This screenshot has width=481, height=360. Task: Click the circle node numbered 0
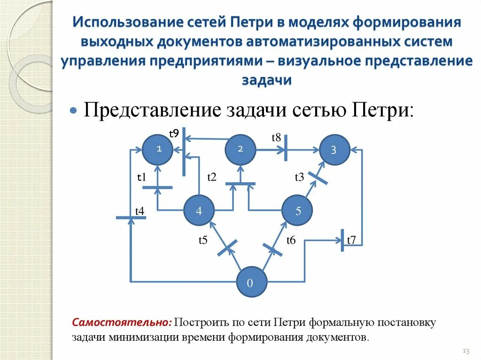[251, 283]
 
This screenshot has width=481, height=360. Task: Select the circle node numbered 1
[158, 149]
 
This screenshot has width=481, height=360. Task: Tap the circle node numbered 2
[240, 149]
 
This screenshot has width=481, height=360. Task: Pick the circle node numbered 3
[334, 150]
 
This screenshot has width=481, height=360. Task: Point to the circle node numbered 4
[199, 211]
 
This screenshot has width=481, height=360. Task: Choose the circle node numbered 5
[298, 211]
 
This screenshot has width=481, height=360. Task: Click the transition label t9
[174, 134]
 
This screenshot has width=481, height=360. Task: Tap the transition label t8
[276, 138]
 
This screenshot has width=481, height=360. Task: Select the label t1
[141, 177]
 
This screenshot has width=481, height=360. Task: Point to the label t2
[212, 177]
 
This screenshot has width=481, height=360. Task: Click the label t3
[299, 177]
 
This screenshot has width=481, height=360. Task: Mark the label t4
[140, 211]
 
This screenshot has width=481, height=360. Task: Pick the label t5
[202, 241]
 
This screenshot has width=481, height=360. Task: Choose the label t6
[291, 241]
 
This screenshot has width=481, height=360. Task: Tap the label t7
[352, 241]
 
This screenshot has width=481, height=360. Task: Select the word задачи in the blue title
[267, 80]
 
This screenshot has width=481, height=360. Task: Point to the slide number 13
[466, 351]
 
